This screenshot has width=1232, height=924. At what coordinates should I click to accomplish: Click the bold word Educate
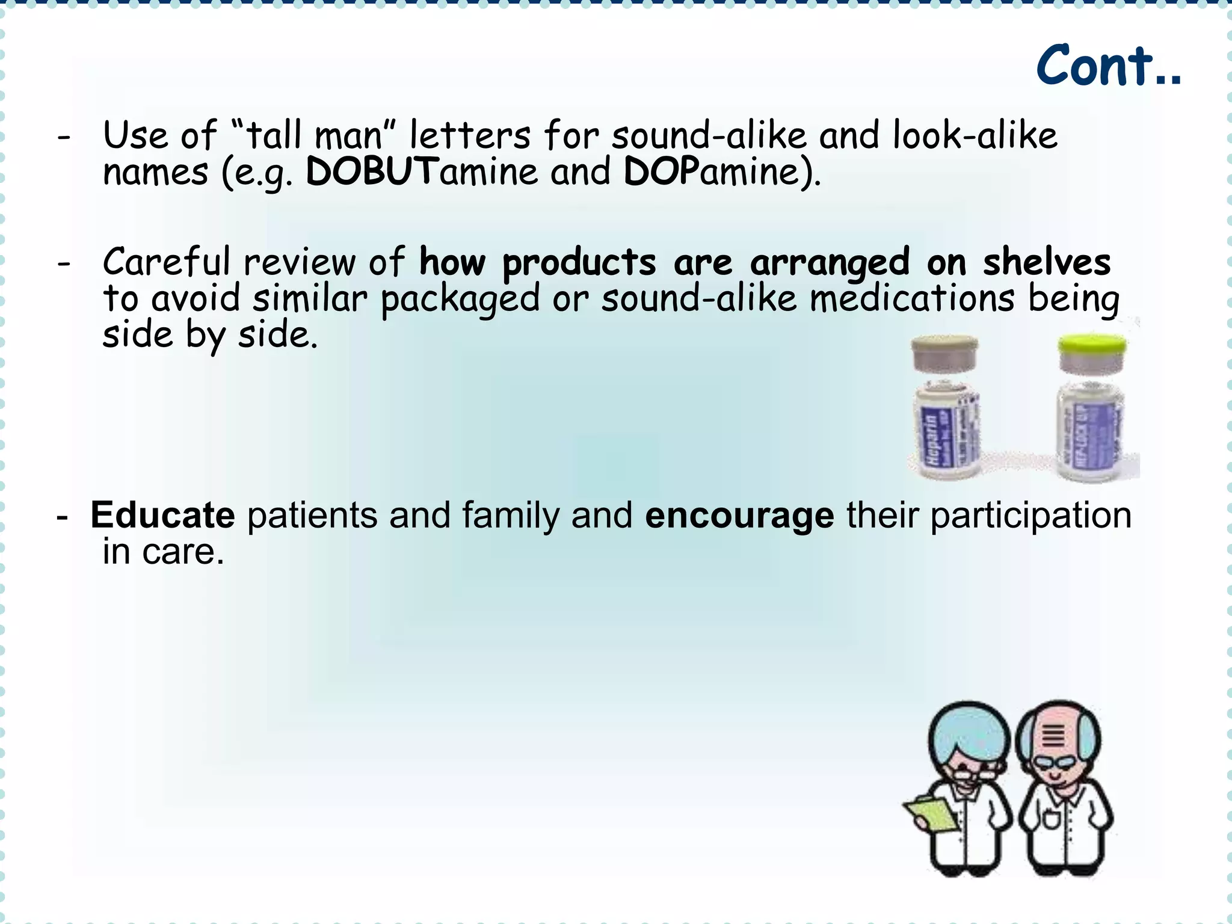[162, 516]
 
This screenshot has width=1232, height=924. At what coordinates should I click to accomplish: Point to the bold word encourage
[739, 517]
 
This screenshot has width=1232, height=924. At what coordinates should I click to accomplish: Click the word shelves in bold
[1047, 263]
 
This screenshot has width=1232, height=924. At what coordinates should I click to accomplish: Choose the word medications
[912, 299]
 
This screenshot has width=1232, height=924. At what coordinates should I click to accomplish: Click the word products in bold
[579, 263]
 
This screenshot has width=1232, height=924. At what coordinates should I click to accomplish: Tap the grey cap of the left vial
[944, 349]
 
